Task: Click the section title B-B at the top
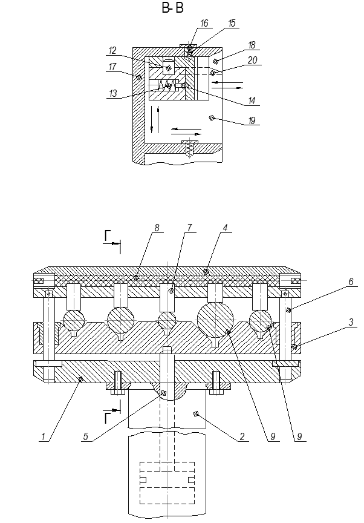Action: tap(172, 8)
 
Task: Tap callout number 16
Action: tap(204, 23)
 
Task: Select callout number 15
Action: tap(232, 23)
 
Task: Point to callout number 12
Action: tap(112, 50)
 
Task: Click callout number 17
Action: tap(112, 67)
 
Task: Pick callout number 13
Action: tap(113, 93)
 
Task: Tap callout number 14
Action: tap(252, 100)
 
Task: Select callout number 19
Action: tap(252, 120)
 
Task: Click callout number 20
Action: tap(252, 60)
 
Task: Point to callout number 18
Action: tap(252, 45)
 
